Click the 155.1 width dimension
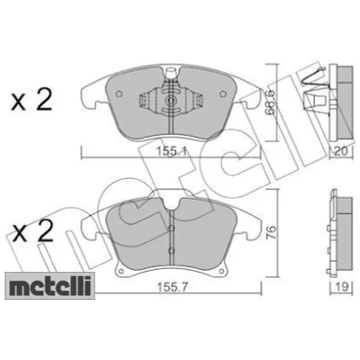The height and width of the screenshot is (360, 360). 171,152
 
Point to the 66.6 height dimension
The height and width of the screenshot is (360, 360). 270,103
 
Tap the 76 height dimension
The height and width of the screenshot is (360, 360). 271,233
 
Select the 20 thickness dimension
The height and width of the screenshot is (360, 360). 341,151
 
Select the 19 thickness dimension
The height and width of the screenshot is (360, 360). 341,287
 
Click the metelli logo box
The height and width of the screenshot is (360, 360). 49,285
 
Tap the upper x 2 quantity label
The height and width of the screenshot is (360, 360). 31,101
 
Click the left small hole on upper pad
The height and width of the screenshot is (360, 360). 119,94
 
